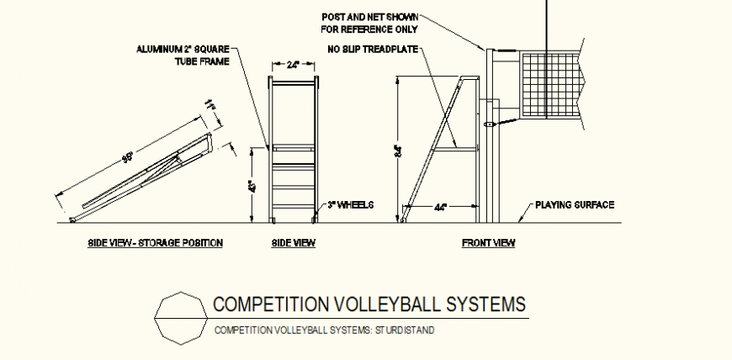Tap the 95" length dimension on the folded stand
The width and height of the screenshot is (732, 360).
128,157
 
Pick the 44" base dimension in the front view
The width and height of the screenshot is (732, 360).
441,206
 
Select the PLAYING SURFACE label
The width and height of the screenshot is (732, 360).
576,204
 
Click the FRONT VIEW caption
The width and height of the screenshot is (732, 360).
488,243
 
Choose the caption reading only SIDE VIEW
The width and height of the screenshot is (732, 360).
293,243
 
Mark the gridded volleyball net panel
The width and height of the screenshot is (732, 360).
550,84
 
